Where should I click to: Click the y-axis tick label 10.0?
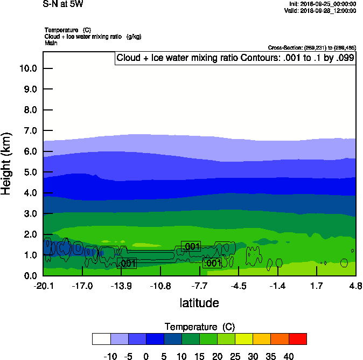(27, 68)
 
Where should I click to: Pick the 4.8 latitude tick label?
(355, 286)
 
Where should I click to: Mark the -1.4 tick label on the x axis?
(277, 286)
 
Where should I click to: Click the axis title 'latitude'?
(199, 303)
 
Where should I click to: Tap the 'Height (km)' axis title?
(7, 163)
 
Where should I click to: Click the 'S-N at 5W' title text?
(63, 4)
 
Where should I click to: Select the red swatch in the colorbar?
(297, 338)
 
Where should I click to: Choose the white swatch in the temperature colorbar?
(101, 338)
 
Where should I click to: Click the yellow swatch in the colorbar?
(244, 338)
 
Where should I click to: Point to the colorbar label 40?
(288, 356)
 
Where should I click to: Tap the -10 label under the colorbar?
(110, 356)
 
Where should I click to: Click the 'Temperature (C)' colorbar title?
(199, 327)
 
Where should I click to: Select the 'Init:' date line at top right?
(322, 4)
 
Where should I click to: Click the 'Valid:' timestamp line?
(320, 11)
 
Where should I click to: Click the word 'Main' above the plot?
(52, 43)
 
